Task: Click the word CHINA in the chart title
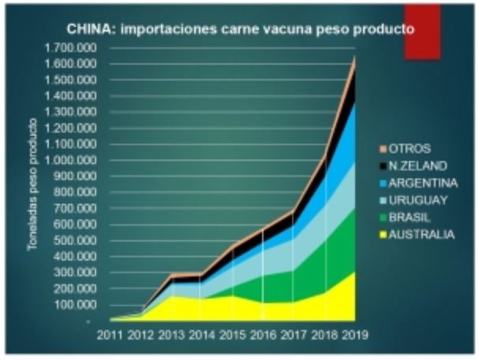(x=88, y=31)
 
